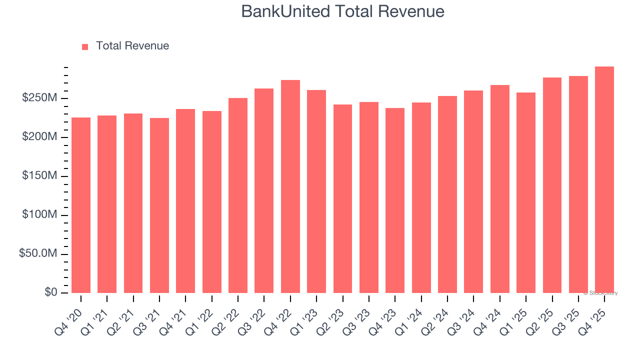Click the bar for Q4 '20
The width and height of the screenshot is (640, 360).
[x=81, y=205]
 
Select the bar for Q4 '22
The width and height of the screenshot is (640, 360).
[x=290, y=186]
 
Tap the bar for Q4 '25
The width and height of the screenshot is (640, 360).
[x=604, y=179]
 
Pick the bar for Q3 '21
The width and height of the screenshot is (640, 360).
[x=159, y=205]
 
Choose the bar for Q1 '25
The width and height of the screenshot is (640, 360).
[x=525, y=192]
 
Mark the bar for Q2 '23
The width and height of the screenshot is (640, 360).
[x=342, y=198]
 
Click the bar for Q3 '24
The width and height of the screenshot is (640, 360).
[x=473, y=191]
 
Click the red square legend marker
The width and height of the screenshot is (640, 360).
[x=85, y=46]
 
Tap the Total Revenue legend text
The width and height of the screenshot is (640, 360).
[x=132, y=46]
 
